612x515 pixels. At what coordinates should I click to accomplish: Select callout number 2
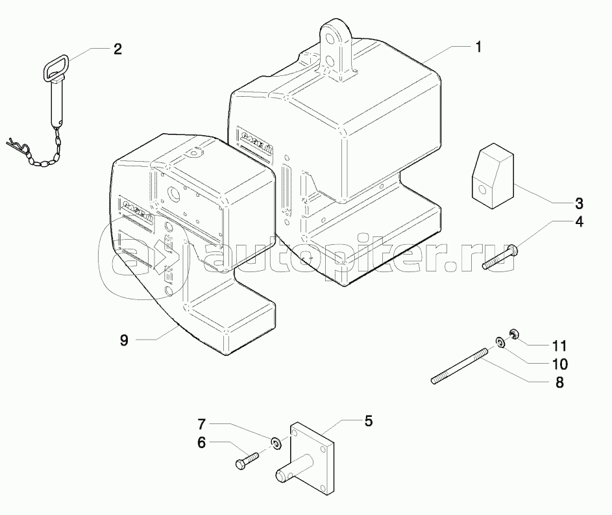click(x=117, y=49)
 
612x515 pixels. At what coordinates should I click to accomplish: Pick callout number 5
click(x=368, y=421)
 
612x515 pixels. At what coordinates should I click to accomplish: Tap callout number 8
click(x=559, y=383)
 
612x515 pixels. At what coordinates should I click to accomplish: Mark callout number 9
click(x=123, y=339)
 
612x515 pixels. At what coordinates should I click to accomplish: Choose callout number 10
click(x=559, y=364)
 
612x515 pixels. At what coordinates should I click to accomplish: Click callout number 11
click(x=559, y=345)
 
